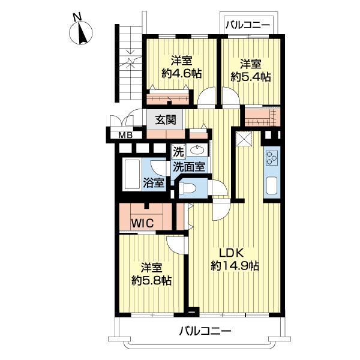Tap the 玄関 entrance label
pyautogui.click(x=166, y=119)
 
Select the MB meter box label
pyautogui.click(x=125, y=135)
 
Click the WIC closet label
pyautogui.click(x=142, y=223)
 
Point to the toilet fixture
pyautogui.click(x=187, y=190)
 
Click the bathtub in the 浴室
pyautogui.click(x=131, y=175)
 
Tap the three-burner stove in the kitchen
pyautogui.click(x=272, y=158)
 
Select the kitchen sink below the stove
pyautogui.click(x=272, y=186)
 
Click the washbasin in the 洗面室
pyautogui.click(x=197, y=151)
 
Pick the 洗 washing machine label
pyautogui.click(x=178, y=152)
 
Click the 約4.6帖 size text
pyautogui.click(x=181, y=74)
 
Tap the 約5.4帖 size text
pyautogui.click(x=251, y=77)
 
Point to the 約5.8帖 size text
pyautogui.click(x=152, y=280)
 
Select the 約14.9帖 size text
pyautogui.click(x=235, y=266)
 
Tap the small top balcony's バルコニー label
pyautogui.click(x=247, y=25)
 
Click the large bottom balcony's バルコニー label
pyautogui.click(x=205, y=331)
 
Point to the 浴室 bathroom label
pyautogui.click(x=154, y=183)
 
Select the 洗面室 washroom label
pyautogui.click(x=189, y=166)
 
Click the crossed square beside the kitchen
pyautogui.click(x=244, y=139)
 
